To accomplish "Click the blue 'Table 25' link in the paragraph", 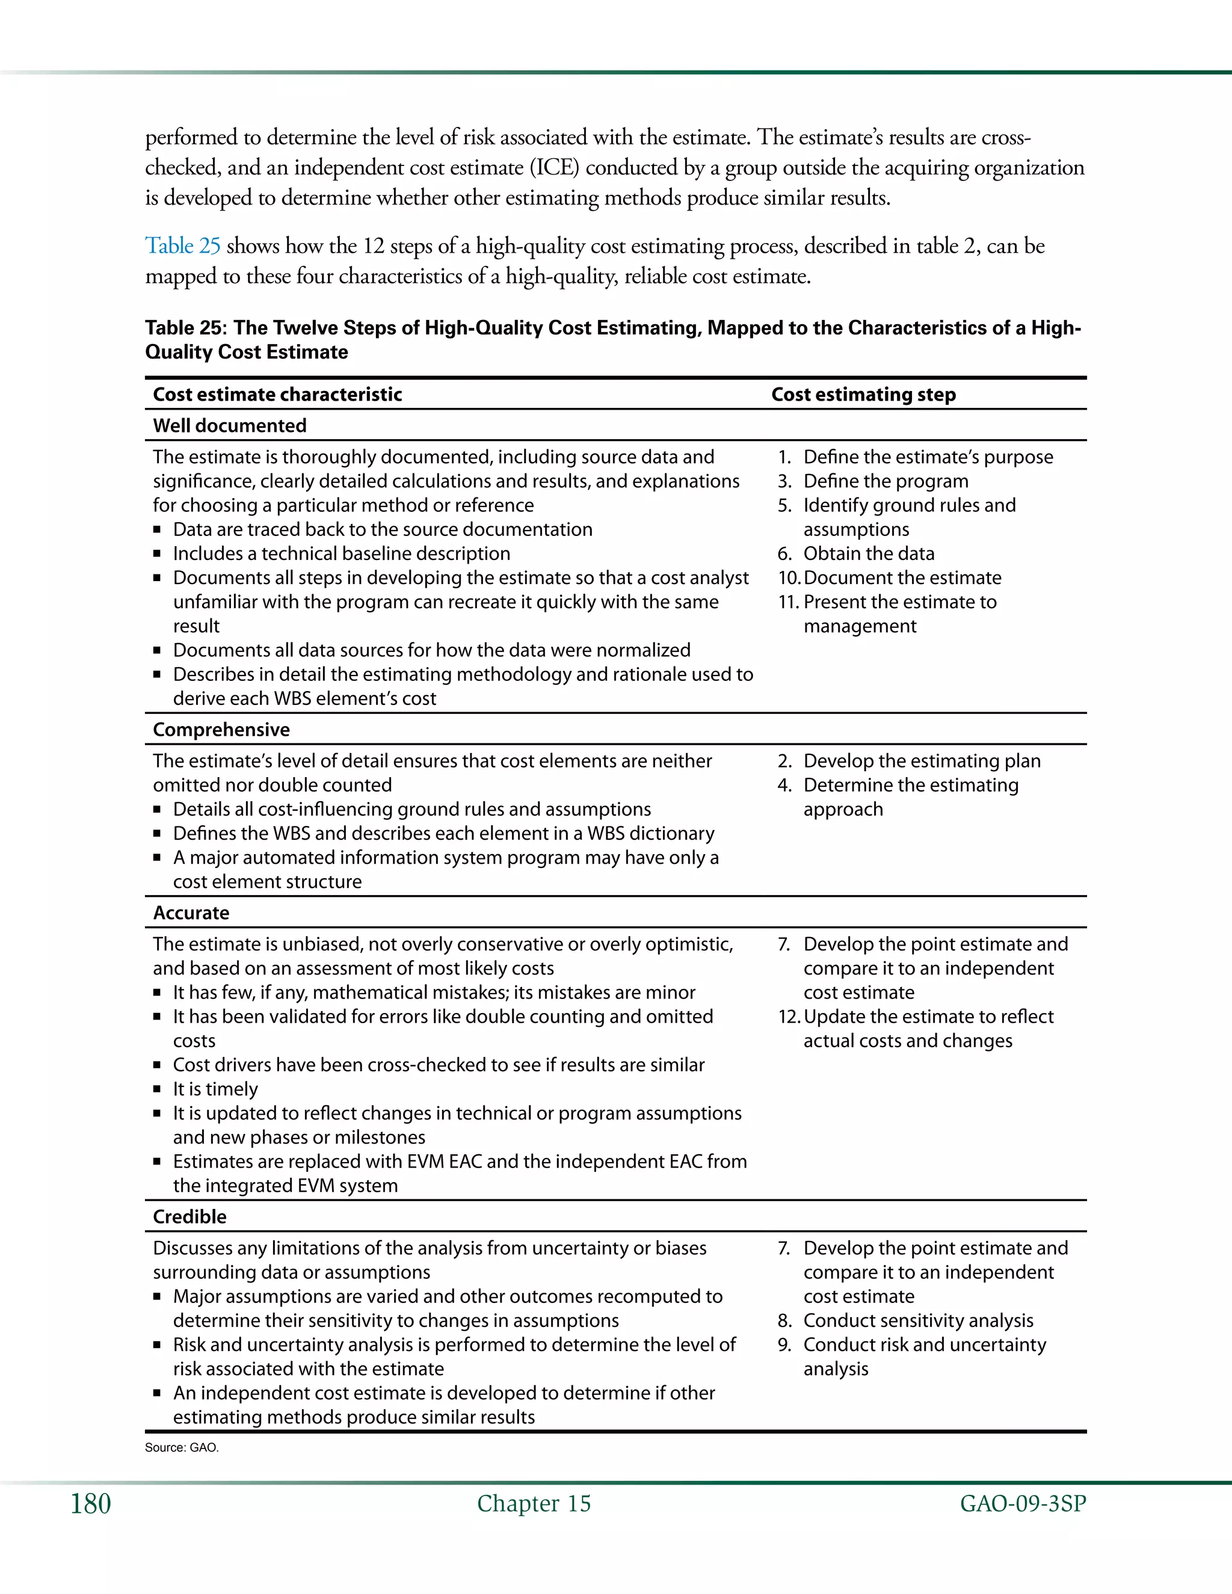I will click(x=182, y=246).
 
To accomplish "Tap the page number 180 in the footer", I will click(x=90, y=1504).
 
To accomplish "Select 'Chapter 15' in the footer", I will click(x=534, y=1504).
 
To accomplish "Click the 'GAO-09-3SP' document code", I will click(x=1023, y=1504).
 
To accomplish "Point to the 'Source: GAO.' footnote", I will click(x=182, y=1447).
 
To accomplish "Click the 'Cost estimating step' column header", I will click(x=863, y=395).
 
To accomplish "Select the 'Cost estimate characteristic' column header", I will click(x=277, y=395).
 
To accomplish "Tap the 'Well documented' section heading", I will click(x=229, y=425).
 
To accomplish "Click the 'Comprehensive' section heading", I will click(x=221, y=730).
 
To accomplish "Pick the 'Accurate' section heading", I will click(x=191, y=913).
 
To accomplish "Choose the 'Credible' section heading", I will click(x=189, y=1217).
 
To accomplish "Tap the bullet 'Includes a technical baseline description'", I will click(x=342, y=553).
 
